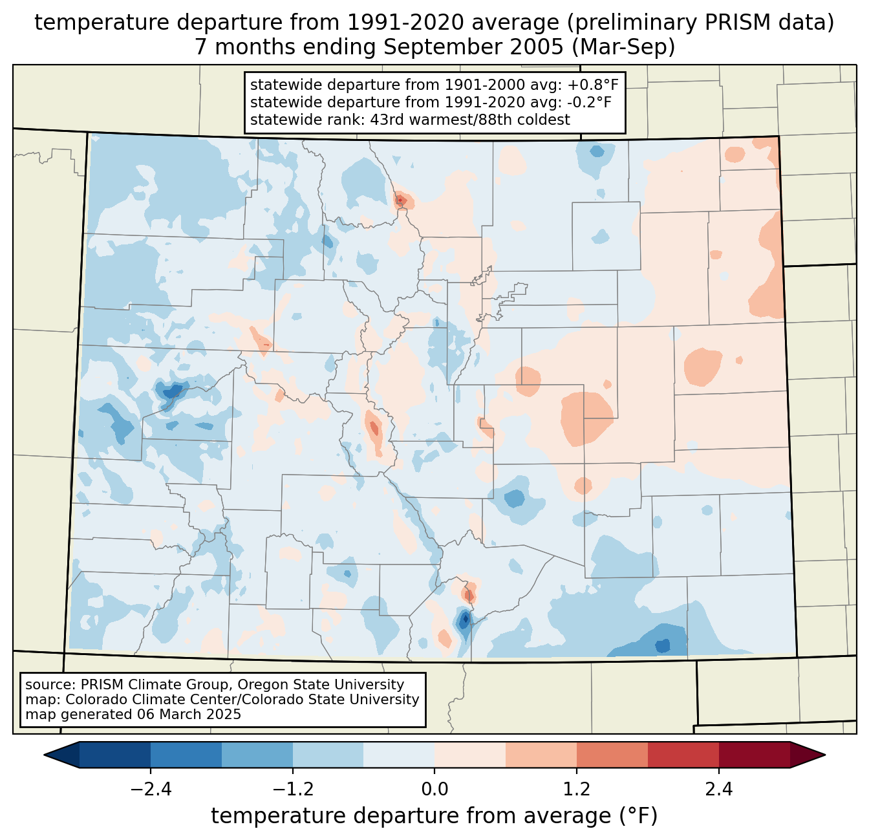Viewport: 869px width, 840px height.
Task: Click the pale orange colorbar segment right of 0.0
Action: (470, 755)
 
